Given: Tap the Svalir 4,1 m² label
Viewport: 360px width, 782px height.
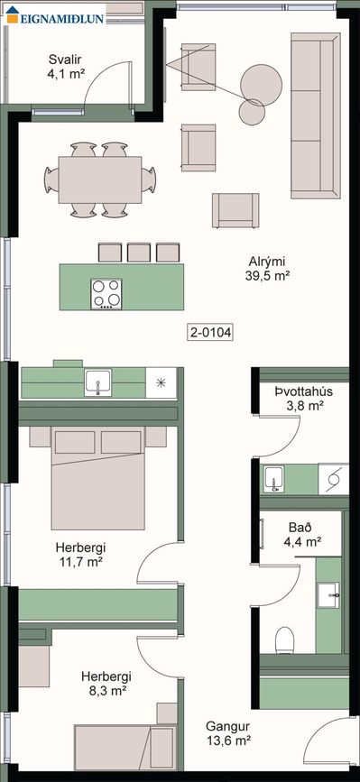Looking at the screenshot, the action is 65,67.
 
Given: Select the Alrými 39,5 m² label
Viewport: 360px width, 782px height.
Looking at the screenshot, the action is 268,269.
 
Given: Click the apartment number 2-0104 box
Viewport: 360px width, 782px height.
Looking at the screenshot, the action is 211,332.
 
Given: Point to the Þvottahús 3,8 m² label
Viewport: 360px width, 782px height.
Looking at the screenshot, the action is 303,398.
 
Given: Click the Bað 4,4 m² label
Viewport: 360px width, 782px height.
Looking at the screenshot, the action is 304,534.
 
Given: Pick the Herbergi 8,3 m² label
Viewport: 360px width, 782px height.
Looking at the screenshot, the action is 106,684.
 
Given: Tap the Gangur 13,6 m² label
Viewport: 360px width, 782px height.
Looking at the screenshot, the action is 228,733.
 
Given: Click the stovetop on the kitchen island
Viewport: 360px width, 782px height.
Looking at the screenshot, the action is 106,293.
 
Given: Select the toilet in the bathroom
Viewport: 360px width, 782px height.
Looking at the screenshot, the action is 285,639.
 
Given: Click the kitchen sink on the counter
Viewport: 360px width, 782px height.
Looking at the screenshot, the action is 97,383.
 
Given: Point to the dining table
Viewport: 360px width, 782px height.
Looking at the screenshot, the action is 100,179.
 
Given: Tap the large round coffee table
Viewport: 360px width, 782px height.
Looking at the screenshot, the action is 262,84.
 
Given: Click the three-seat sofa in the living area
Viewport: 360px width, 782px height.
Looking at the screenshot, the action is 315,115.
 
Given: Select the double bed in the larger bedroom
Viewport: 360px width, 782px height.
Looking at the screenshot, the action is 97,477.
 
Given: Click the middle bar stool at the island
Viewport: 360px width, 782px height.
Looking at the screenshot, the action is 139,253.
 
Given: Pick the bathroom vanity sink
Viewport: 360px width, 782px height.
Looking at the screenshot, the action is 328,595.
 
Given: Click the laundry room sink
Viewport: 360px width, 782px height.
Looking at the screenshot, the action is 273,480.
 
